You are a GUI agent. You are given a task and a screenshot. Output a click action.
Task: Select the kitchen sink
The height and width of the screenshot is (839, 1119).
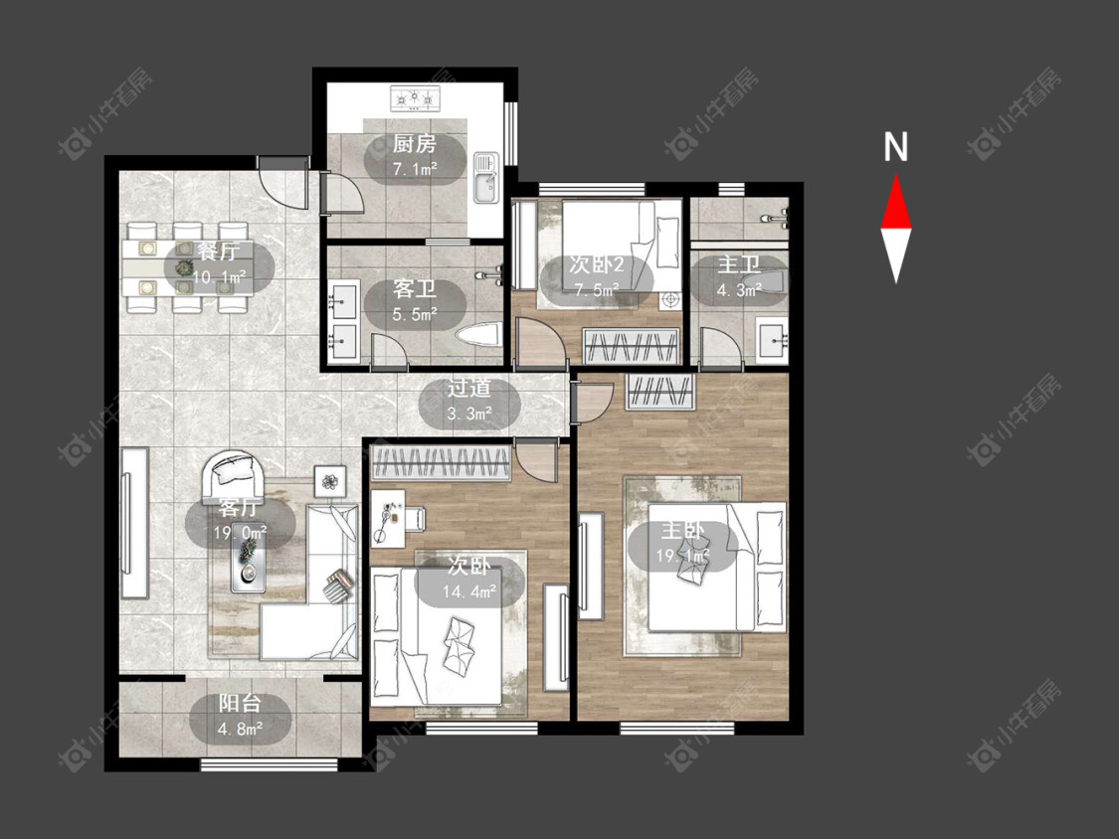(x=486, y=178)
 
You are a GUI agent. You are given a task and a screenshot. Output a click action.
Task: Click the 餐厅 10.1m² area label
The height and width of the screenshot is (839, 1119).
(x=219, y=264)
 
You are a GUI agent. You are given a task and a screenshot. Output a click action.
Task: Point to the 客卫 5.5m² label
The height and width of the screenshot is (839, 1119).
(x=415, y=301)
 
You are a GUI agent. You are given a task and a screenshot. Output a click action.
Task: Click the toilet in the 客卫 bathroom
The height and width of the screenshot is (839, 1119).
(x=478, y=336)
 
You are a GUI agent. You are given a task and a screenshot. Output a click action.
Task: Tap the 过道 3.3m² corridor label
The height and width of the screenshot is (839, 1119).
(x=468, y=401)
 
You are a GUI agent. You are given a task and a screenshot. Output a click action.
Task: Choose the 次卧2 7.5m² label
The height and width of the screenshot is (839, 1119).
(x=596, y=276)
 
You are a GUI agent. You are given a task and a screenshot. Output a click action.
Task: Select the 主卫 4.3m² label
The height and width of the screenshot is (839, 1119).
(x=739, y=276)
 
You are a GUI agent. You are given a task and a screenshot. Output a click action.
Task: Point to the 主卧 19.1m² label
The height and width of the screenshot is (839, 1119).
(x=683, y=542)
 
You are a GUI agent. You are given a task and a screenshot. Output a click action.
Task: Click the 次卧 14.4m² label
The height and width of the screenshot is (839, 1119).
(x=468, y=579)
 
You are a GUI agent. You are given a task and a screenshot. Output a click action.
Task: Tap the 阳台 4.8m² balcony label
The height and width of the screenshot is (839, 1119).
(x=240, y=716)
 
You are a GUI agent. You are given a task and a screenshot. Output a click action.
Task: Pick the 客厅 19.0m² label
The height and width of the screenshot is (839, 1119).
(x=240, y=519)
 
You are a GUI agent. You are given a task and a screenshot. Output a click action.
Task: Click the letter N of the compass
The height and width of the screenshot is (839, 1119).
(x=895, y=146)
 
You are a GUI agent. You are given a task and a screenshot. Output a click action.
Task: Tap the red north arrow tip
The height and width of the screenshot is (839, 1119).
(x=896, y=176)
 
